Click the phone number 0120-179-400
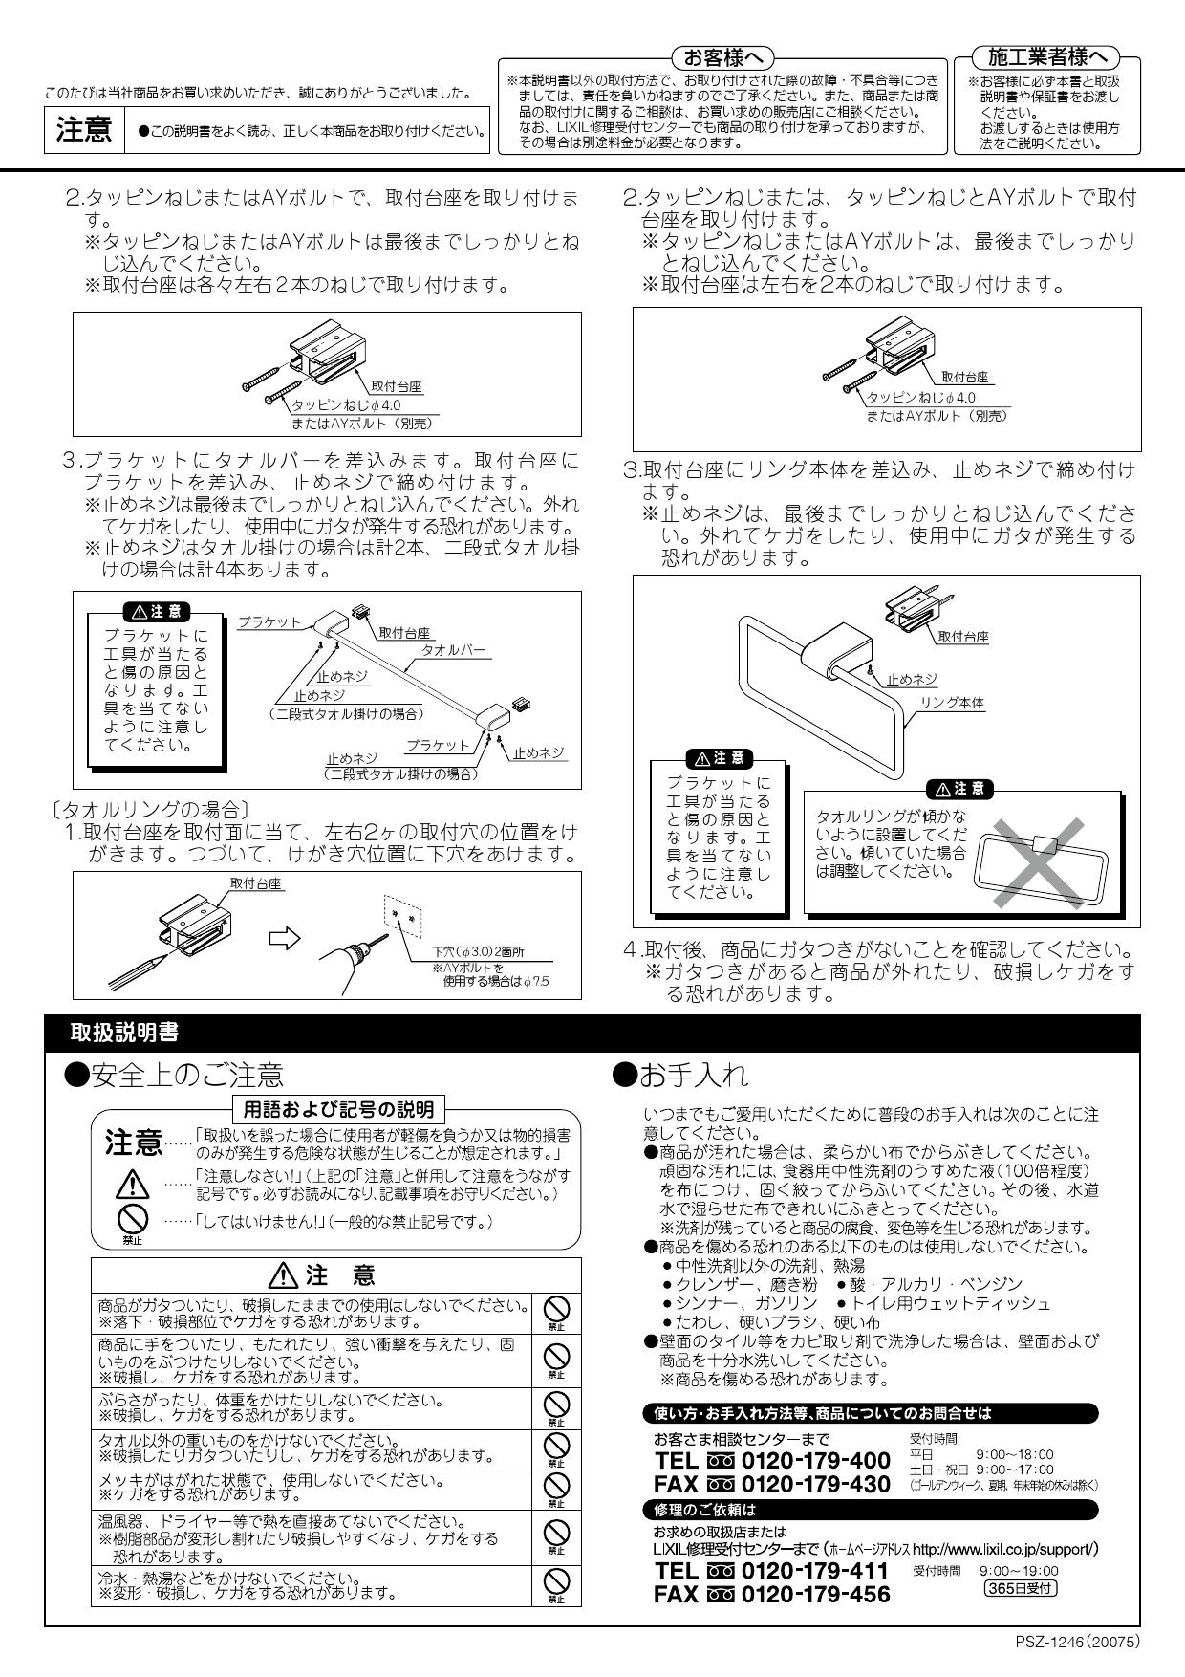click(815, 1461)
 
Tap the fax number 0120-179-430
click(815, 1484)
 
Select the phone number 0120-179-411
click(815, 1571)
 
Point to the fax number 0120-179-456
click(815, 1594)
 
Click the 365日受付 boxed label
click(1020, 1588)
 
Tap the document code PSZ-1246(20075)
click(1077, 1642)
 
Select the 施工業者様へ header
click(1045, 57)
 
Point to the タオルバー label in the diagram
click(454, 651)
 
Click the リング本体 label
click(951, 703)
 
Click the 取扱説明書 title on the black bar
click(124, 1032)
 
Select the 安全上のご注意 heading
click(173, 1076)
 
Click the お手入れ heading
click(679, 1075)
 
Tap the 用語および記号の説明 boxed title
click(337, 1109)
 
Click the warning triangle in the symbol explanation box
click(132, 1185)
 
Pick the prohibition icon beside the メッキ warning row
click(556, 1486)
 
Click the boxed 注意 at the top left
click(84, 130)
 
